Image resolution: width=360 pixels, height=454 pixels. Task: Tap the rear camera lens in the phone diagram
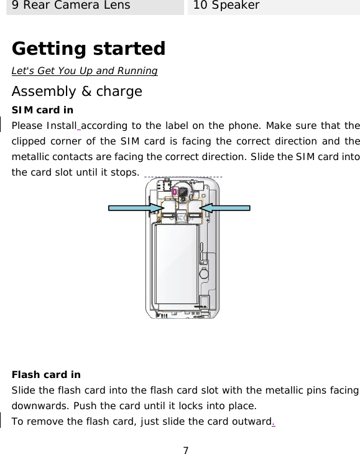click(184, 194)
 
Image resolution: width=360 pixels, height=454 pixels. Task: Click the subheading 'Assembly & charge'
click(77, 92)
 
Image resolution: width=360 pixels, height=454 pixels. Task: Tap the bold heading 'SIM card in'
click(42, 110)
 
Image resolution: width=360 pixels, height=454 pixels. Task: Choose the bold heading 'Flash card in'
click(46, 375)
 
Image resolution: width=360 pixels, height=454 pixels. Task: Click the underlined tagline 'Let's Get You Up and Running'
click(85, 70)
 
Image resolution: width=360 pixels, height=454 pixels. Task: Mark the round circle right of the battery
click(203, 273)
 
